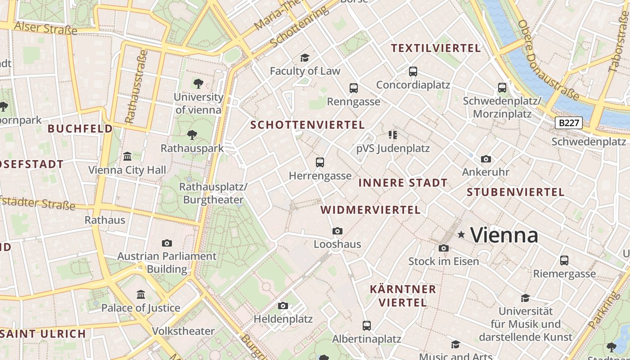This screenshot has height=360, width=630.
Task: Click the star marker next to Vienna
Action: tap(461, 234)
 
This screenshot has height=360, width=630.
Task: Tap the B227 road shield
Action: tap(569, 123)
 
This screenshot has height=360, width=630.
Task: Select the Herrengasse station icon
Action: tap(320, 162)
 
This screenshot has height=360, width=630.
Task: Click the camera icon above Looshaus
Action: tap(337, 231)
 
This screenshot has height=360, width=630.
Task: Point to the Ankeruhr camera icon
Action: tap(486, 159)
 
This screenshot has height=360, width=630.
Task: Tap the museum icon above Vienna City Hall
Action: tap(127, 157)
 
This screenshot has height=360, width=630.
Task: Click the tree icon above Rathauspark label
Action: tap(192, 135)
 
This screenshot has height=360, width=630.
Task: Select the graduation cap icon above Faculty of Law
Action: tap(305, 58)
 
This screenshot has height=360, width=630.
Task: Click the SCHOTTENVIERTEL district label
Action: tap(307, 125)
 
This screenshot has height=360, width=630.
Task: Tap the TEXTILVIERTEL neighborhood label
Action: tap(436, 48)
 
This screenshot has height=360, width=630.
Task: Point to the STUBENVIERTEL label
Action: tap(515, 192)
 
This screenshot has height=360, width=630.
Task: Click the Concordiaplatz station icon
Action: tap(413, 72)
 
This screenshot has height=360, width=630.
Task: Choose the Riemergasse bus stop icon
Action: tap(564, 260)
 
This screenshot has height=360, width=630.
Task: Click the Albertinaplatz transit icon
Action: tap(367, 325)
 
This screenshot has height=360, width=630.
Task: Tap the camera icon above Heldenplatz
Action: tap(283, 306)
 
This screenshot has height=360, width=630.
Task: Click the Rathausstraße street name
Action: tap(137, 86)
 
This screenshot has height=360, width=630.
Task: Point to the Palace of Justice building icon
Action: tap(141, 294)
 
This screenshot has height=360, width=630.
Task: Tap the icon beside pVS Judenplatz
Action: tap(393, 135)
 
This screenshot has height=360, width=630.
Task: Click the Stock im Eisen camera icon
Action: tap(443, 248)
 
